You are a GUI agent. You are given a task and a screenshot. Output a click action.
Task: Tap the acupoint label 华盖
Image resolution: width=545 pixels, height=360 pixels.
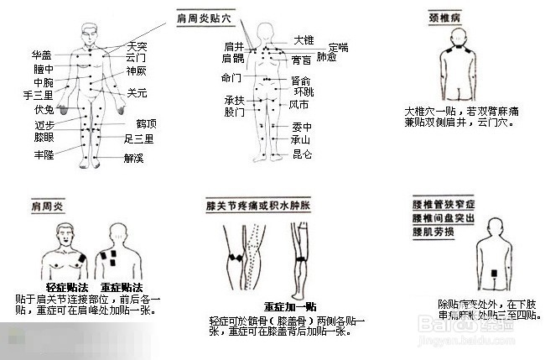click(x=42, y=55)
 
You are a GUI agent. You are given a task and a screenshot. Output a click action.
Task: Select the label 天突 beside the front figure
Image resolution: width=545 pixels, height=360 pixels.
click(x=137, y=45)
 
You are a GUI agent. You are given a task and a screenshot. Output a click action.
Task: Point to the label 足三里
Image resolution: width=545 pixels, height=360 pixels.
click(x=138, y=138)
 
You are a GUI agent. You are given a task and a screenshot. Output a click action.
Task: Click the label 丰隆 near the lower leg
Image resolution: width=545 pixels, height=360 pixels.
click(x=44, y=156)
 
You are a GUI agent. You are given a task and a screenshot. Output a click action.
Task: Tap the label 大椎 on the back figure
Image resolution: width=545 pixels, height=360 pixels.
click(x=303, y=40)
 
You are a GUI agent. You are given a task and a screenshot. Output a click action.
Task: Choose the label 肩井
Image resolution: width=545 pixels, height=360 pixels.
click(x=233, y=46)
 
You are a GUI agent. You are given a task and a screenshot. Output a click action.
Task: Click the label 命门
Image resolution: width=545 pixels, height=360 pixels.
click(x=231, y=78)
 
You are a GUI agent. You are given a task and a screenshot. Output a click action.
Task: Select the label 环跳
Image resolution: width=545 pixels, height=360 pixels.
click(x=302, y=91)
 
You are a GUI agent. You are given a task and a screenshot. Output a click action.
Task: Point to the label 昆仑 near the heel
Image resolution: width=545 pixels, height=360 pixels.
click(x=301, y=154)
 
